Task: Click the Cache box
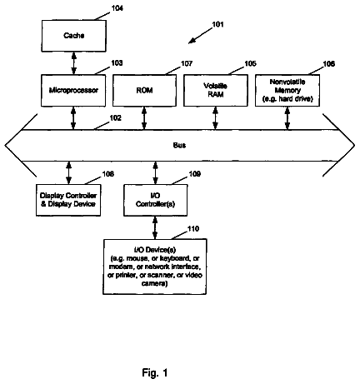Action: point(74,36)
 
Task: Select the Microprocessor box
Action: point(73,91)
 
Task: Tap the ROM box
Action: point(144,91)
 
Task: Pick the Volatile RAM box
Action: point(216,91)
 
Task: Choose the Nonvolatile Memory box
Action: point(287,91)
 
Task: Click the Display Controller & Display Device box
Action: point(68,200)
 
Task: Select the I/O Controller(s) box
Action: point(155,200)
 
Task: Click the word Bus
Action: point(179,145)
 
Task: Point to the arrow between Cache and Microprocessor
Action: point(74,63)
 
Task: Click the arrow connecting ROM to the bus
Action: point(144,118)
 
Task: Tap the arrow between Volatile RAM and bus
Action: point(215,118)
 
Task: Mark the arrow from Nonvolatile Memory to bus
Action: point(287,118)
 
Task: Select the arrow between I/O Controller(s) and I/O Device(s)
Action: point(155,227)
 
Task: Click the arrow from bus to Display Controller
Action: point(69,172)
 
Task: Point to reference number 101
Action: point(217,24)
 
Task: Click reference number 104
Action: point(117,8)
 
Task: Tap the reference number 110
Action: point(193,229)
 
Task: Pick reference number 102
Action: point(116,118)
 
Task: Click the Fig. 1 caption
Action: point(155,372)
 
